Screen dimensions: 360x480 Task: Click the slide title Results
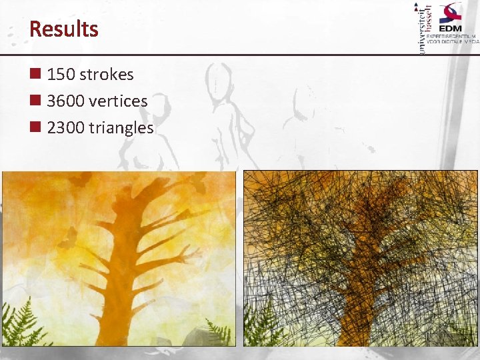64,29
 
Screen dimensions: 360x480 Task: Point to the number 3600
65,101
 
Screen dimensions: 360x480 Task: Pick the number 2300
65,128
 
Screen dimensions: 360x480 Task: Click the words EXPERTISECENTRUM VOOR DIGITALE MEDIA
453,38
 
